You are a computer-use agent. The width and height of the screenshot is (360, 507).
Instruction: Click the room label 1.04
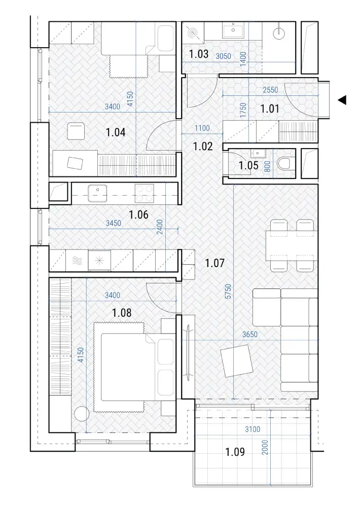pos(116,132)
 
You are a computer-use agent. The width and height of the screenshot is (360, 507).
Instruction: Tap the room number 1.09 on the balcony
pos(235,452)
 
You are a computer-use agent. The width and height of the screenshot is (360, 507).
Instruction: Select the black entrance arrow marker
pos(342,100)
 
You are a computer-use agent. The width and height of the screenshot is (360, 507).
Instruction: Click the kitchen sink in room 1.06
pos(97,193)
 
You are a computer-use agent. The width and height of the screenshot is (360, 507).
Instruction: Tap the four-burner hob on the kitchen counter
pos(145,193)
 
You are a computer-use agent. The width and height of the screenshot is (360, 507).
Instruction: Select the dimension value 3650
pos(249,334)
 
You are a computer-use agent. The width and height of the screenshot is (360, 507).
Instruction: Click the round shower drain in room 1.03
pos(193,32)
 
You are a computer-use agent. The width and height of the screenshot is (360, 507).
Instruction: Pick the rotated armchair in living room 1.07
pos(236,361)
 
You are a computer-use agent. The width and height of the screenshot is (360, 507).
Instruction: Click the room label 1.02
pos(203,147)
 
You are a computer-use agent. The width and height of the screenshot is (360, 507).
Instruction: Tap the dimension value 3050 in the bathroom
pos(224,56)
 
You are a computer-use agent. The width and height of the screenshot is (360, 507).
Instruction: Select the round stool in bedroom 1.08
pos(81,414)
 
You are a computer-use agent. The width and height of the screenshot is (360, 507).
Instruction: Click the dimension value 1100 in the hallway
pos(202,128)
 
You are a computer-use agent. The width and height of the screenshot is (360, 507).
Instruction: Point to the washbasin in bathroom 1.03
pos(233,31)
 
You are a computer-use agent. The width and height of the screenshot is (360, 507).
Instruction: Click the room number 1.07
pos(214,263)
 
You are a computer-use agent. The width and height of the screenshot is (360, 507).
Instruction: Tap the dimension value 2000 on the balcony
pos(265,447)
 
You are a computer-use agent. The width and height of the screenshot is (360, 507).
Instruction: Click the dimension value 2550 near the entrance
pos(270,90)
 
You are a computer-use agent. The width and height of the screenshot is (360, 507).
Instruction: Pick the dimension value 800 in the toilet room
pos(267,166)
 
